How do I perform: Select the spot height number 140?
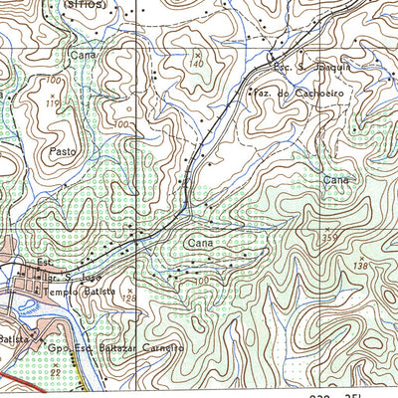(x=195, y=62)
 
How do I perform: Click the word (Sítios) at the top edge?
(x=88, y=4)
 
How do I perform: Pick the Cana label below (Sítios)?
(x=83, y=55)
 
